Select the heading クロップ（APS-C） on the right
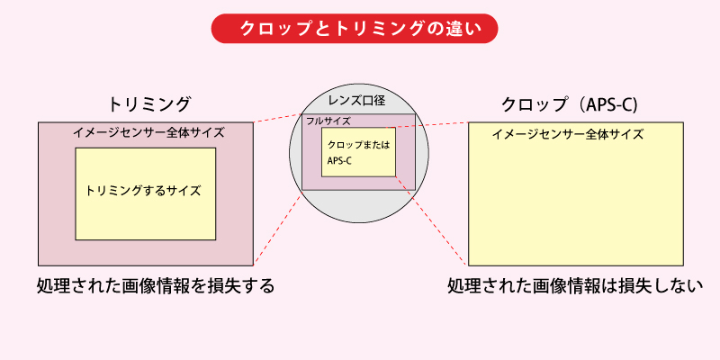569,103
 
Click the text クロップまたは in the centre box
357,145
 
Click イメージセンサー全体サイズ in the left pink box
148,133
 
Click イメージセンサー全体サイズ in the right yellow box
568,134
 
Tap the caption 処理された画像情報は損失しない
575,287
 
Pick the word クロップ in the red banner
267,28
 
